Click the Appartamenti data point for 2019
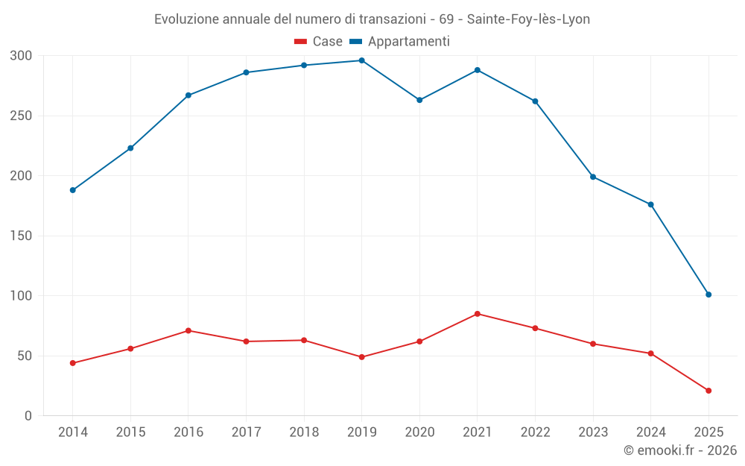pyautogui.click(x=361, y=60)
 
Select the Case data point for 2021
pyautogui.click(x=478, y=314)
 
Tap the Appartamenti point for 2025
pyautogui.click(x=708, y=295)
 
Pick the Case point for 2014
pyautogui.click(x=73, y=363)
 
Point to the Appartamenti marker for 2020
pyautogui.click(x=419, y=100)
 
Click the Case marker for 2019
pyautogui.click(x=361, y=357)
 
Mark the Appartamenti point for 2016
pyautogui.click(x=188, y=95)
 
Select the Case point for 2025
pyautogui.click(x=708, y=391)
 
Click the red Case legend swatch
pyautogui.click(x=301, y=42)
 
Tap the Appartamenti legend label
pyautogui.click(x=408, y=42)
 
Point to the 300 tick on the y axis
pyautogui.click(x=22, y=56)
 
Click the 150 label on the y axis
pyautogui.click(x=22, y=236)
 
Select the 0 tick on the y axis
pyautogui.click(x=28, y=416)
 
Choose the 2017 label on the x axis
pyautogui.click(x=246, y=432)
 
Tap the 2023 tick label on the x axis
pyautogui.click(x=593, y=432)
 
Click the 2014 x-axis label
pyautogui.click(x=73, y=432)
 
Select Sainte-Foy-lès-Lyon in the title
pyautogui.click(x=528, y=19)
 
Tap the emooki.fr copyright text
pyautogui.click(x=680, y=450)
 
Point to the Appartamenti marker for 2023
pyautogui.click(x=593, y=177)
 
